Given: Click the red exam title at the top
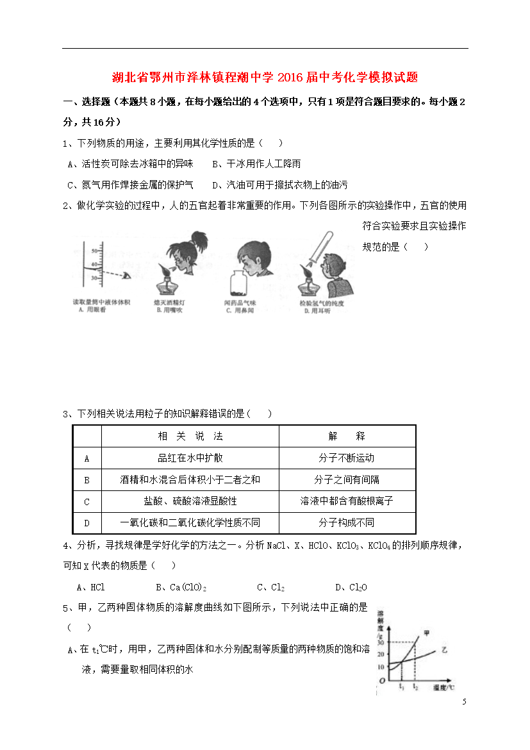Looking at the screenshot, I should pyautogui.click(x=265, y=78).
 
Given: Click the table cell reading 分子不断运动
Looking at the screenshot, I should pyautogui.click(x=346, y=458).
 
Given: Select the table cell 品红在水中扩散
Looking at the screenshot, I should pyautogui.click(x=190, y=458).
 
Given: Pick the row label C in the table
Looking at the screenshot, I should pyautogui.click(x=87, y=501).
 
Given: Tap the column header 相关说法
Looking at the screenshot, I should pyautogui.click(x=190, y=436).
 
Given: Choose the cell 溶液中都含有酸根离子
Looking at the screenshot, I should pyautogui.click(x=346, y=501).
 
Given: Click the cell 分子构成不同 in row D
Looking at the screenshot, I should pyautogui.click(x=346, y=523).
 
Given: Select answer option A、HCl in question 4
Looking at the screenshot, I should pyautogui.click(x=90, y=587).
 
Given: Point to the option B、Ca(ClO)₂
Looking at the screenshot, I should pyautogui.click(x=181, y=587).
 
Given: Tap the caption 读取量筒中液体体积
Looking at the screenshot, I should pyautogui.click(x=101, y=301).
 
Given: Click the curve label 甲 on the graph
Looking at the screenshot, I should pyautogui.click(x=426, y=633).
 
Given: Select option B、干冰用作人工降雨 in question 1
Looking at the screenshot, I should pyautogui.click(x=256, y=164).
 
